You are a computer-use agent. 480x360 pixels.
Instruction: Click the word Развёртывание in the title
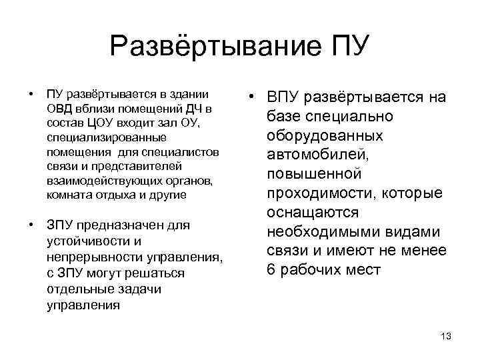214,47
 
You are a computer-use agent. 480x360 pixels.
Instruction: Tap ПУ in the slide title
347,47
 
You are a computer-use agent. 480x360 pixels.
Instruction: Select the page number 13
446,336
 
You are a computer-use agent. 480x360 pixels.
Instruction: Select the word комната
70,195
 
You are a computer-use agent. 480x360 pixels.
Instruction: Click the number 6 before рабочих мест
271,270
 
